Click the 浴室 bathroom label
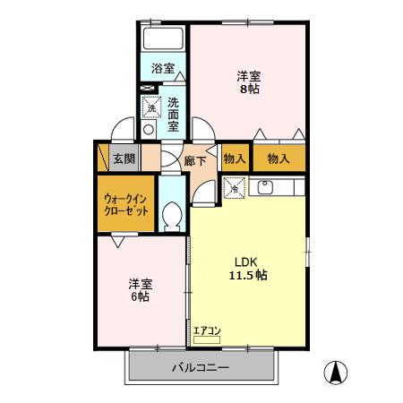(x=161, y=68)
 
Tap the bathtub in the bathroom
(x=163, y=41)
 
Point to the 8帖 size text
(x=248, y=89)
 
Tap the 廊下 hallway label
(x=195, y=161)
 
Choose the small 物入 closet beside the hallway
(x=235, y=159)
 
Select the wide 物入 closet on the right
(x=278, y=159)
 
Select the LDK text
(x=247, y=262)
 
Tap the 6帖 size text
(x=140, y=296)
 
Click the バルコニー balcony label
(x=201, y=368)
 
